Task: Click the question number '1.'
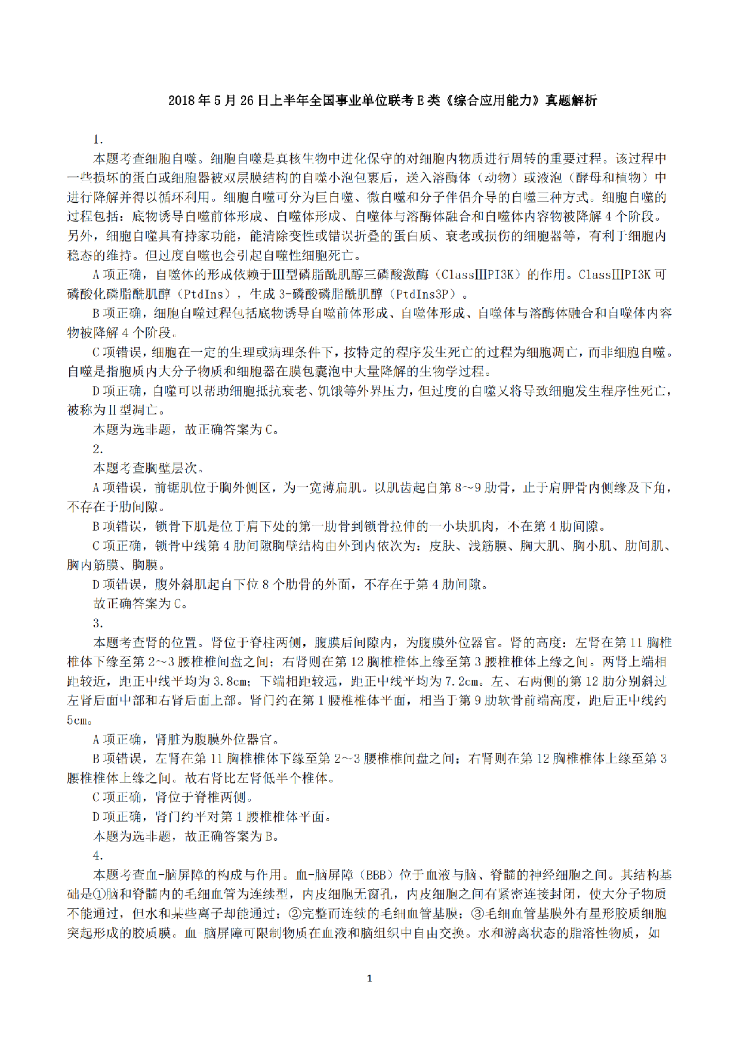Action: click(98, 140)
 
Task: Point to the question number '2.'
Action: click(98, 449)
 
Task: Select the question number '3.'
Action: click(98, 623)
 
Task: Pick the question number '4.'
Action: click(98, 856)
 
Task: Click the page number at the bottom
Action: click(369, 978)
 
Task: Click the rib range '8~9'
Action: click(467, 488)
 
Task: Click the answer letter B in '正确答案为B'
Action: click(269, 836)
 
